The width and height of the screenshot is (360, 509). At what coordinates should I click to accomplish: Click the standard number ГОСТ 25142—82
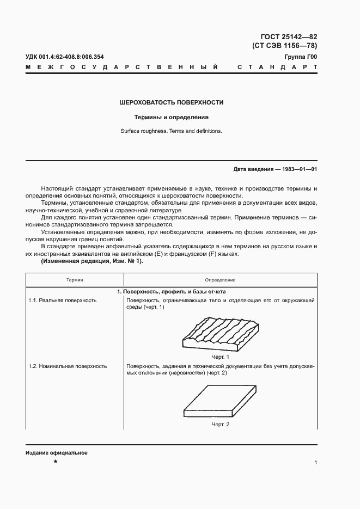coord(285,36)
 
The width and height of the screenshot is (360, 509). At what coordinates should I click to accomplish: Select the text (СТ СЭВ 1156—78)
coord(285,46)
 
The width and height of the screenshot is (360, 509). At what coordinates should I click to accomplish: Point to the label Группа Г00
coord(301,57)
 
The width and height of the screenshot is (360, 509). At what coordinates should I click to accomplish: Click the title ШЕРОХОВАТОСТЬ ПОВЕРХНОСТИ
coord(172,102)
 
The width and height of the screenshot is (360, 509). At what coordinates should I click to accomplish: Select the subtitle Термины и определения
coord(172,117)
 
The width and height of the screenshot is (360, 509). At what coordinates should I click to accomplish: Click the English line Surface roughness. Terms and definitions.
coord(172,131)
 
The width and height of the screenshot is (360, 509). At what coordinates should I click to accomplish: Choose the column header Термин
coord(75,280)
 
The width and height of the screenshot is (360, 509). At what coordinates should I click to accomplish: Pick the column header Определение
coord(220,280)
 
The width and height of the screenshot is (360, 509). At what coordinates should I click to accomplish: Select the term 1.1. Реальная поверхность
coord(62,301)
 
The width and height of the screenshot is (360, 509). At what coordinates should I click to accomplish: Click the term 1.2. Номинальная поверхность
coord(68,366)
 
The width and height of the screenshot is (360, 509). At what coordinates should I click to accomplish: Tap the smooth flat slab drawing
coord(219,402)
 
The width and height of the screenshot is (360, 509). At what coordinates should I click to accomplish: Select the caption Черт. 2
coord(220,424)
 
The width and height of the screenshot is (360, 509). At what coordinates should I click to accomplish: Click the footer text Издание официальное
coord(56,453)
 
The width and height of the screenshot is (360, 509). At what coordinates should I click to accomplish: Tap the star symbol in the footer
coord(55,462)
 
